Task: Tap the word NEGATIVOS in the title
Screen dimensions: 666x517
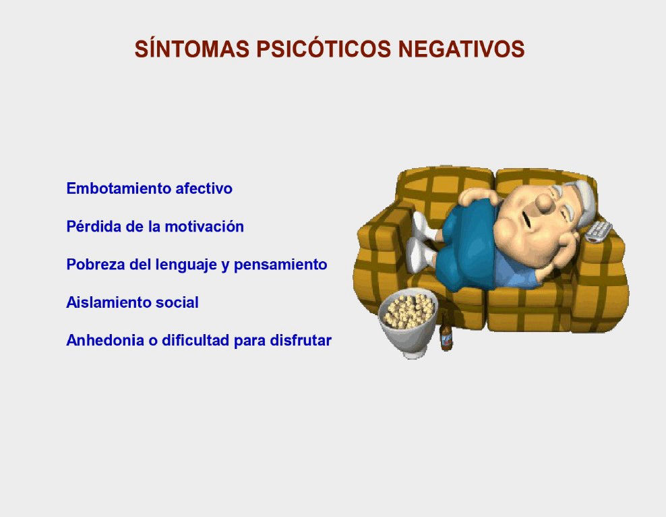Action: (x=461, y=49)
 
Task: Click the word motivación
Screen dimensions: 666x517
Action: (x=204, y=226)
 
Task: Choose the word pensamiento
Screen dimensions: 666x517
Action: (x=280, y=265)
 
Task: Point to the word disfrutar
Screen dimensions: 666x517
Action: (x=301, y=340)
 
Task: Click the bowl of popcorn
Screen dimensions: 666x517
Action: (x=408, y=322)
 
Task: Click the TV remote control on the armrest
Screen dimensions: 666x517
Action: (x=599, y=232)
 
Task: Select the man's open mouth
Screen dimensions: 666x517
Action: (x=526, y=220)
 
